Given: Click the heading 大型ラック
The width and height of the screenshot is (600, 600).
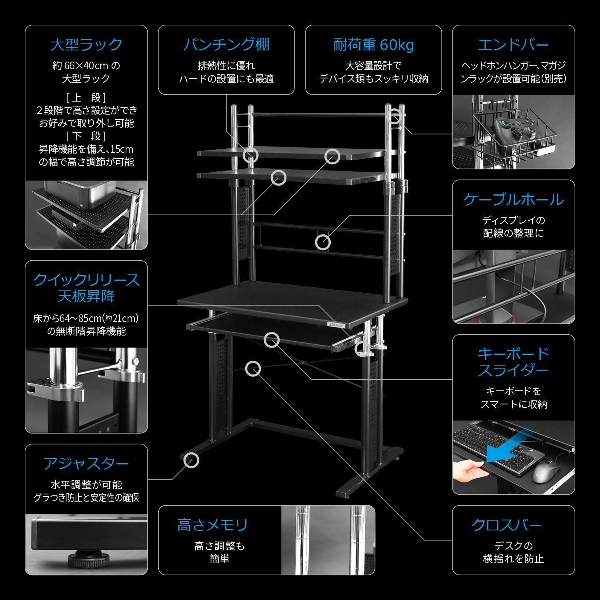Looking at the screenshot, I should click(86, 44).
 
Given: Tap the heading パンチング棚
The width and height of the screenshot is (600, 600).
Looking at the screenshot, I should click(226, 44).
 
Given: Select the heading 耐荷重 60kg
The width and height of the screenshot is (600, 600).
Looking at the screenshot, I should click(374, 45).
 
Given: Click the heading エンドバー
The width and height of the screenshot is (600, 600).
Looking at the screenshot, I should click(513, 45).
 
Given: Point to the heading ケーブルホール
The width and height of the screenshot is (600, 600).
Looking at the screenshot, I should click(513, 199).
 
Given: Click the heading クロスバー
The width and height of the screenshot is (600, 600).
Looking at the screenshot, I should click(507, 525).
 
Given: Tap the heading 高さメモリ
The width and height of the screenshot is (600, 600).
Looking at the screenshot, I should click(212, 525).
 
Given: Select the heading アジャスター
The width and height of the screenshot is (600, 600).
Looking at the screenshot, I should click(86, 464).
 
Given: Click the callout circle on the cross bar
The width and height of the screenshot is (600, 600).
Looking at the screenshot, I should click(253, 369).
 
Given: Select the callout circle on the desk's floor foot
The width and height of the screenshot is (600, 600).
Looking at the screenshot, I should click(191, 460).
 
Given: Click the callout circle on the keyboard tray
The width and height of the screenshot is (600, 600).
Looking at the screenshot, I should click(272, 340).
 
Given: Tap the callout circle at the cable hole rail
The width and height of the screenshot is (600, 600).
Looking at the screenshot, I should click(323, 242).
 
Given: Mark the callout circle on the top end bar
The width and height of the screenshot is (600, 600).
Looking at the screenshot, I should click(394, 116).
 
